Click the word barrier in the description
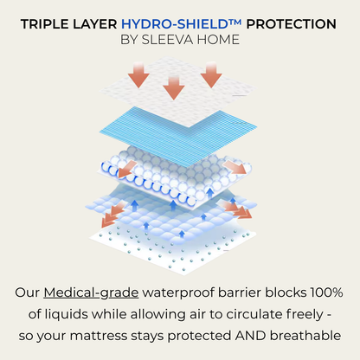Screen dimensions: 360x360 [x=239, y=292]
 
